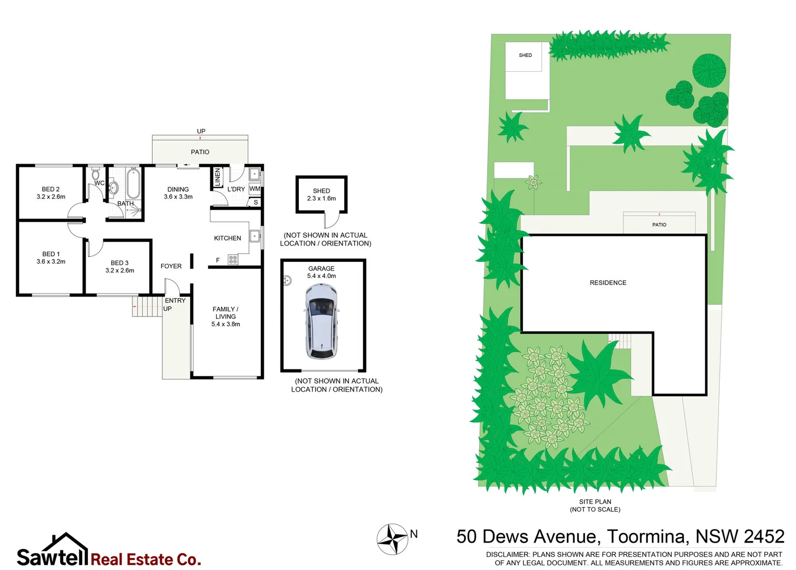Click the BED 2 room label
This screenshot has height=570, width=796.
click(51, 189)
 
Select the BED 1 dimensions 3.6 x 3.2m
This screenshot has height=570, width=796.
click(51, 262)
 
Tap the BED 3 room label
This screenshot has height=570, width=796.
click(120, 263)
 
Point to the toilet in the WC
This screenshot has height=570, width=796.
click(95, 174)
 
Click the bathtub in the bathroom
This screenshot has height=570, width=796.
click(133, 183)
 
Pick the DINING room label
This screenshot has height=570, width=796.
click(178, 189)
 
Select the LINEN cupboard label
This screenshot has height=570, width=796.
click(217, 177)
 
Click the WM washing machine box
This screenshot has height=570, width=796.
click(255, 189)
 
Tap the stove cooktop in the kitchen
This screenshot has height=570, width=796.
click(233, 260)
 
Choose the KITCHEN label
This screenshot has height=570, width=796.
click(228, 238)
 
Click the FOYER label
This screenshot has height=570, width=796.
click(171, 266)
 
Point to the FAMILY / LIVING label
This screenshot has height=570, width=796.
click(226, 313)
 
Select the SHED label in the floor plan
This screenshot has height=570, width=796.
click(322, 191)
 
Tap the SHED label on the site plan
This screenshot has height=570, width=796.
click(525, 55)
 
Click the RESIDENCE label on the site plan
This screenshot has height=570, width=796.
click(608, 283)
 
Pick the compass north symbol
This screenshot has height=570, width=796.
click(392, 539)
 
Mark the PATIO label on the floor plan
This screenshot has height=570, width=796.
click(200, 152)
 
